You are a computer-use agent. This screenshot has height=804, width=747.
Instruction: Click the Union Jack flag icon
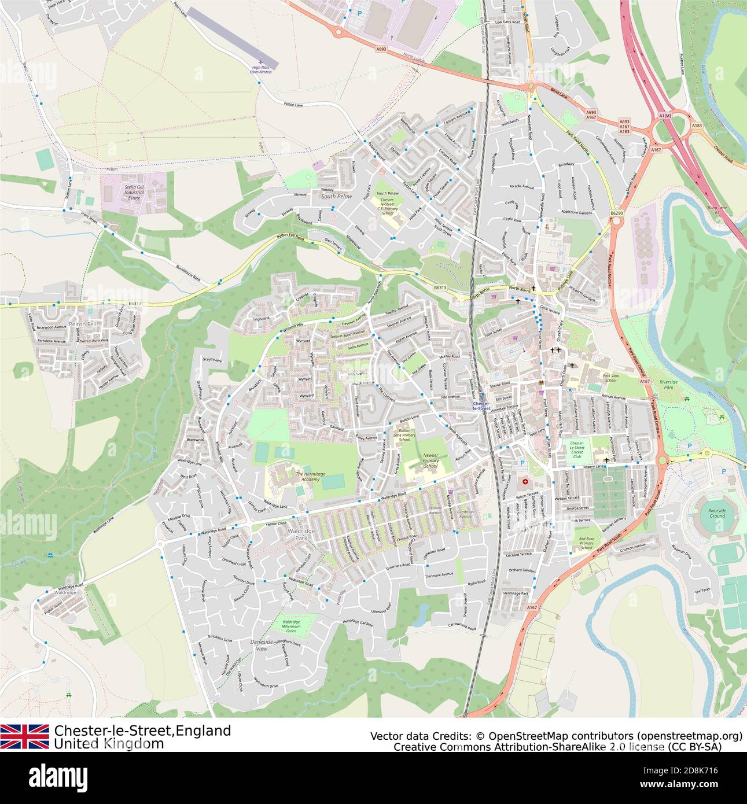pyautogui.click(x=24, y=736)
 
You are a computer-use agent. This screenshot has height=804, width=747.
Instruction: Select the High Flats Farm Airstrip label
pyautogui.click(x=261, y=70)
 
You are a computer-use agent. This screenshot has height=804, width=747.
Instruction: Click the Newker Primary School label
pyautogui.click(x=430, y=460)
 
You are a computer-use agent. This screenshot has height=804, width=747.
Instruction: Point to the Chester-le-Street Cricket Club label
pyautogui.click(x=577, y=448)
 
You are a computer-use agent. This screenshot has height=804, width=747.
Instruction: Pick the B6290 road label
pyautogui.click(x=617, y=213)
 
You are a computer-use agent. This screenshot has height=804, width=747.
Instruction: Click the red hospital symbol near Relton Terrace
pyautogui.click(x=525, y=481)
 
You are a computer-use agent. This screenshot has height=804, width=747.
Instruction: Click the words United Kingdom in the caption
pyautogui.click(x=109, y=744)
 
